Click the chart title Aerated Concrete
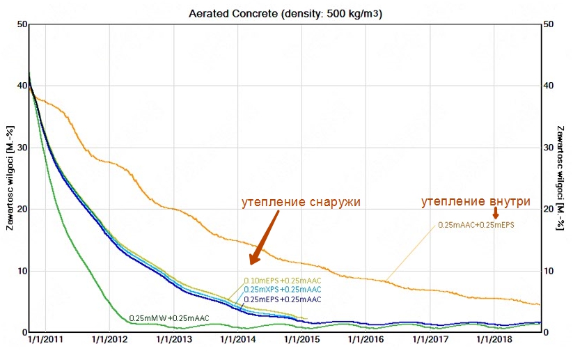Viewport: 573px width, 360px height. pyautogui.click(x=286, y=13)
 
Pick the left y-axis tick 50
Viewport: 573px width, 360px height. pyautogui.click(x=21, y=25)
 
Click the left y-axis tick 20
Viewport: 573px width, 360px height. pyautogui.click(x=21, y=209)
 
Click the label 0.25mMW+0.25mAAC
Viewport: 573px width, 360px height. pyautogui.click(x=169, y=318)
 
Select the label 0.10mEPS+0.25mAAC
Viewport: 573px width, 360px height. pyautogui.click(x=283, y=281)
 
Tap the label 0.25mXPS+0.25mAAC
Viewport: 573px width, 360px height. pyautogui.click(x=283, y=290)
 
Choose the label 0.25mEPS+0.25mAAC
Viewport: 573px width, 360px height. pyautogui.click(x=283, y=299)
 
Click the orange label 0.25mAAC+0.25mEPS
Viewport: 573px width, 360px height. pyautogui.click(x=476, y=225)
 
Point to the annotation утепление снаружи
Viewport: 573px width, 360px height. pyautogui.click(x=301, y=203)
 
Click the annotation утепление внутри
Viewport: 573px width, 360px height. pyautogui.click(x=476, y=202)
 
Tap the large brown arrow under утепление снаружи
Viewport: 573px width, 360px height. pyautogui.click(x=265, y=237)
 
